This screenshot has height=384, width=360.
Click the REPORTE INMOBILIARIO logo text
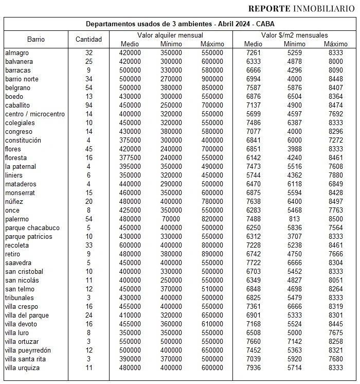301,8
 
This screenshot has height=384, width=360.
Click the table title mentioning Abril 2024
180,24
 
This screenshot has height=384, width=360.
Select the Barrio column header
36,39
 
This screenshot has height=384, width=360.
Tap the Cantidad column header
88,39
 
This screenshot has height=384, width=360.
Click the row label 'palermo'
17,219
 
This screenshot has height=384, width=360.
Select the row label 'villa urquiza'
22,368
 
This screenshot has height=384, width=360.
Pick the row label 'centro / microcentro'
34,114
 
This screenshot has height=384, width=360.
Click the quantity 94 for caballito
88,105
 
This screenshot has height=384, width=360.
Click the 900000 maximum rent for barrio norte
212,79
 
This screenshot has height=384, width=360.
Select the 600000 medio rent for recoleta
129,245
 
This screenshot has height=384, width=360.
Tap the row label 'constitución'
23,140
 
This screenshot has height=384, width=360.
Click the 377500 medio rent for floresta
129,158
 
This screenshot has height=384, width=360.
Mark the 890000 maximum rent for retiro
212,254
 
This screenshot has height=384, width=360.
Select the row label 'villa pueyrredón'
28,350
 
